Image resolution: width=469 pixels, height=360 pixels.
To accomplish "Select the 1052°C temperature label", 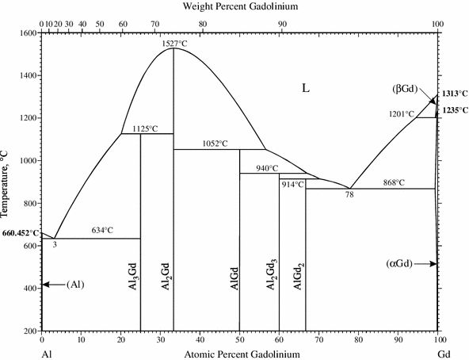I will pos(212,144).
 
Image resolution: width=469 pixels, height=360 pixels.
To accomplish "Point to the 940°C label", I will pos(267,168).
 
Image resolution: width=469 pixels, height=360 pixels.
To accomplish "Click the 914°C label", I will pos(292,184).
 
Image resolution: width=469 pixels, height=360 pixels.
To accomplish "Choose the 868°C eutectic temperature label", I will pos(389,182).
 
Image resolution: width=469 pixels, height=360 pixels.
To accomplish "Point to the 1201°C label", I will pos(402,114).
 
